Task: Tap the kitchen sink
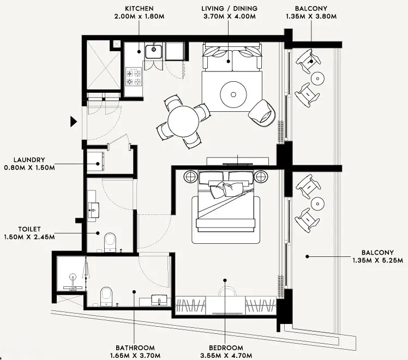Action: [153, 52]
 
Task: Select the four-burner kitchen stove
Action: [134, 76]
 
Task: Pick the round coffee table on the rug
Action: [233, 94]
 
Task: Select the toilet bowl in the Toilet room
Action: [110, 241]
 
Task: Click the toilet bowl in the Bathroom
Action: [106, 296]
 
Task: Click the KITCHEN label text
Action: [139, 9]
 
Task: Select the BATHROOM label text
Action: [135, 347]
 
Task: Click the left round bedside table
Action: [191, 177]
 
